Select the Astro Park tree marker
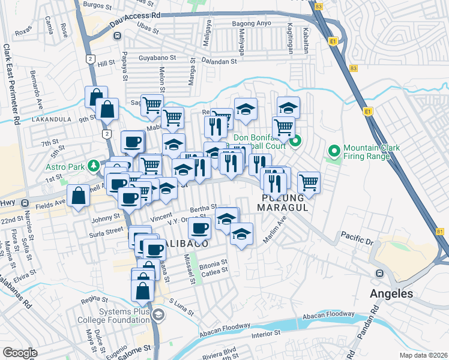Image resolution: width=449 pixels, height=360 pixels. (93, 164)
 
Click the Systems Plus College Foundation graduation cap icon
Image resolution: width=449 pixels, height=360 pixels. (158, 314)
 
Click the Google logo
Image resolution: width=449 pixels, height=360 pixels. (20, 352)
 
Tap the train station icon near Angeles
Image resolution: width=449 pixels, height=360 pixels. (379, 274)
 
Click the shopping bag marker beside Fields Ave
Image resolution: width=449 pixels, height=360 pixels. (79, 196)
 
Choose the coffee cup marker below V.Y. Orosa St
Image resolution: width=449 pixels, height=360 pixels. (199, 227)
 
